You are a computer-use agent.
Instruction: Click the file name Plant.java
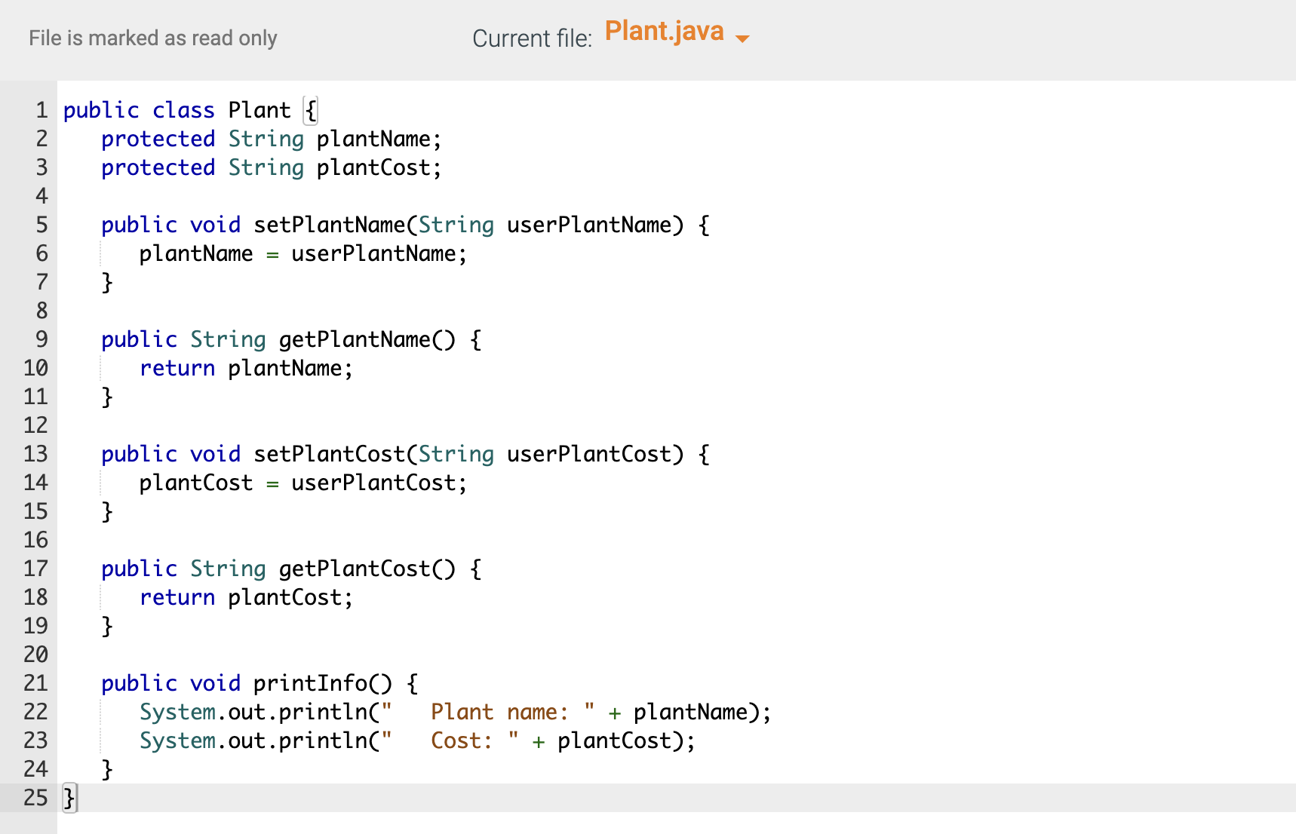[664, 32]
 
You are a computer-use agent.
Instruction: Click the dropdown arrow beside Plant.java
[742, 38]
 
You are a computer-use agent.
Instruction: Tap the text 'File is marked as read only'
[153, 38]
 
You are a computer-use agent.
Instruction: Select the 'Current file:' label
[532, 38]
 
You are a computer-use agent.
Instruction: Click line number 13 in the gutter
[35, 454]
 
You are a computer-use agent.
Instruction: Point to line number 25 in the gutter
[35, 798]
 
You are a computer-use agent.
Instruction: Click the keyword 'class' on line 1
[183, 110]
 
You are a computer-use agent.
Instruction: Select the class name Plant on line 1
[259, 110]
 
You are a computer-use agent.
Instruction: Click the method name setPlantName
[330, 225]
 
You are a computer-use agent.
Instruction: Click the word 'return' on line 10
[177, 368]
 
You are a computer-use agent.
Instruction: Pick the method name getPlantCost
[355, 569]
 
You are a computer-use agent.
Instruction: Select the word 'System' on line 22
[177, 712]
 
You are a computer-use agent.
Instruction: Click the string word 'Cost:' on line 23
[461, 740]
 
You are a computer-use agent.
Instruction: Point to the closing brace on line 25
[69, 798]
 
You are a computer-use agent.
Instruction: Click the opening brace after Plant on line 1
[310, 111]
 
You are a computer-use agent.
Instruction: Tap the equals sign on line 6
[272, 255]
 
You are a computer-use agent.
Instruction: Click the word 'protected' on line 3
[158, 167]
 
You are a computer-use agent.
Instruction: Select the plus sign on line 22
[615, 713]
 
